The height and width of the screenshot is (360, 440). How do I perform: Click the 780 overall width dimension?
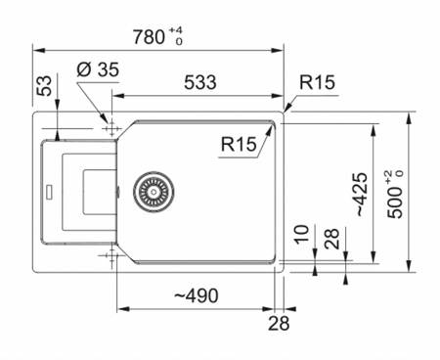click(x=149, y=37)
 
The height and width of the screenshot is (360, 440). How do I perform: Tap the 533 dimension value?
click(x=200, y=82)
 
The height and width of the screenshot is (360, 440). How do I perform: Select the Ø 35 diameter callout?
click(x=98, y=69)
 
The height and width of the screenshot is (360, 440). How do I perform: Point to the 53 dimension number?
click(x=45, y=86)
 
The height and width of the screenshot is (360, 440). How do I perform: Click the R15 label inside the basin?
click(x=239, y=144)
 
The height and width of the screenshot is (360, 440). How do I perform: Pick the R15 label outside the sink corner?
click(x=317, y=82)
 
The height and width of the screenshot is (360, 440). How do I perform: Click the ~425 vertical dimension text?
click(x=362, y=195)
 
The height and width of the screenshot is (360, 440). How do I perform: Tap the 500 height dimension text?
click(x=395, y=202)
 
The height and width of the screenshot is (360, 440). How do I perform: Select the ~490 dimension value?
click(x=197, y=295)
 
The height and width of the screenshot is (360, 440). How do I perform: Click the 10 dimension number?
click(x=301, y=234)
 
